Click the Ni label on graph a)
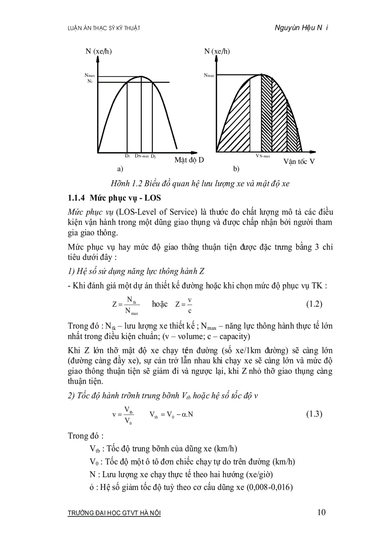89,81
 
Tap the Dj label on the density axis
153,156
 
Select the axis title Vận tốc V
299,162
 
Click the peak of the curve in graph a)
141,76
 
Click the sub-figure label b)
236,169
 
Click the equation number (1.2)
314,304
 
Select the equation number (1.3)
314,414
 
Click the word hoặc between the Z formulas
159,304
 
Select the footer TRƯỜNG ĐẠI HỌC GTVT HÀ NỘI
115,513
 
